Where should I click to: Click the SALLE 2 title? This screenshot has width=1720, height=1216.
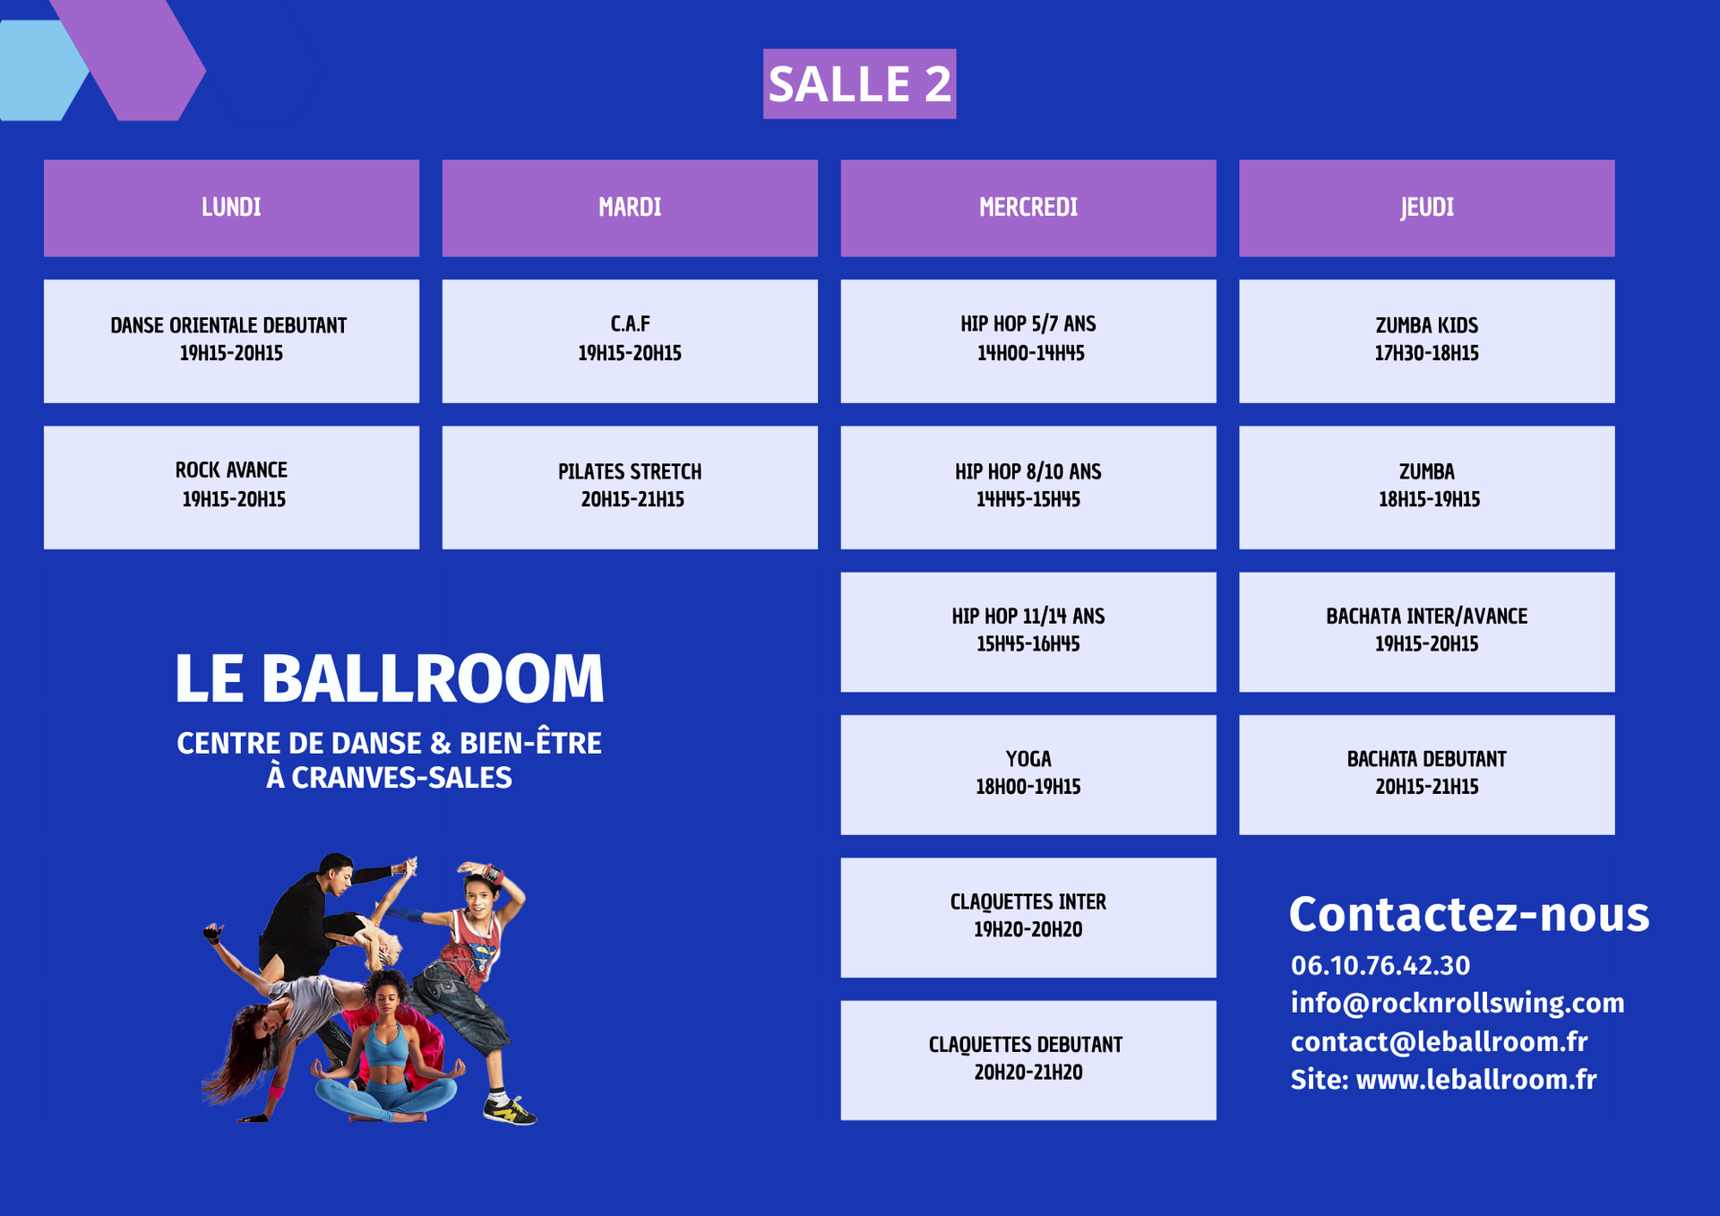(859, 83)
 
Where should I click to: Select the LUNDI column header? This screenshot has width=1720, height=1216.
(231, 208)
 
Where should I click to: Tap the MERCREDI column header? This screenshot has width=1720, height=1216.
(1028, 208)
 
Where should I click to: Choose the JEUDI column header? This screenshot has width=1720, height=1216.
(1427, 208)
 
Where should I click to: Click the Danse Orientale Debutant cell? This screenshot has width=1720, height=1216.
(231, 341)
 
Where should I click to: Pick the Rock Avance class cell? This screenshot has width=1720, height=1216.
(231, 487)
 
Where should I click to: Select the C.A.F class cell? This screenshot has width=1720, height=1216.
(630, 341)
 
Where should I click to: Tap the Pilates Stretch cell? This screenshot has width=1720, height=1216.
(630, 487)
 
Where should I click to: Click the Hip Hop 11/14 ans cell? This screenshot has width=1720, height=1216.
(1028, 632)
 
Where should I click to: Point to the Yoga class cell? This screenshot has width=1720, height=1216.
(1028, 774)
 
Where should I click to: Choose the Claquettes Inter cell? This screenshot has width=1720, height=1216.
(1028, 918)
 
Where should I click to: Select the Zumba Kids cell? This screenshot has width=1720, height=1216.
(1427, 341)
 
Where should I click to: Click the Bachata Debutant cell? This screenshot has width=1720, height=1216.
(1427, 774)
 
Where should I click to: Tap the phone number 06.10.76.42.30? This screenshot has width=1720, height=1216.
(1380, 965)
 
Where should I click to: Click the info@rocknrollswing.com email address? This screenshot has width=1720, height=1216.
(1458, 1003)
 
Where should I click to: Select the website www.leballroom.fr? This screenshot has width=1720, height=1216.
(1476, 1079)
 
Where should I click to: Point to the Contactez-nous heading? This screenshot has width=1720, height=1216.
(1469, 915)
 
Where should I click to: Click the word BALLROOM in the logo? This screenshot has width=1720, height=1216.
(433, 677)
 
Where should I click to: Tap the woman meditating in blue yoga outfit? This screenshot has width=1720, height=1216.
(389, 1048)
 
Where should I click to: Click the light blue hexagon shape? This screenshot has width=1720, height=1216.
(40, 70)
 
